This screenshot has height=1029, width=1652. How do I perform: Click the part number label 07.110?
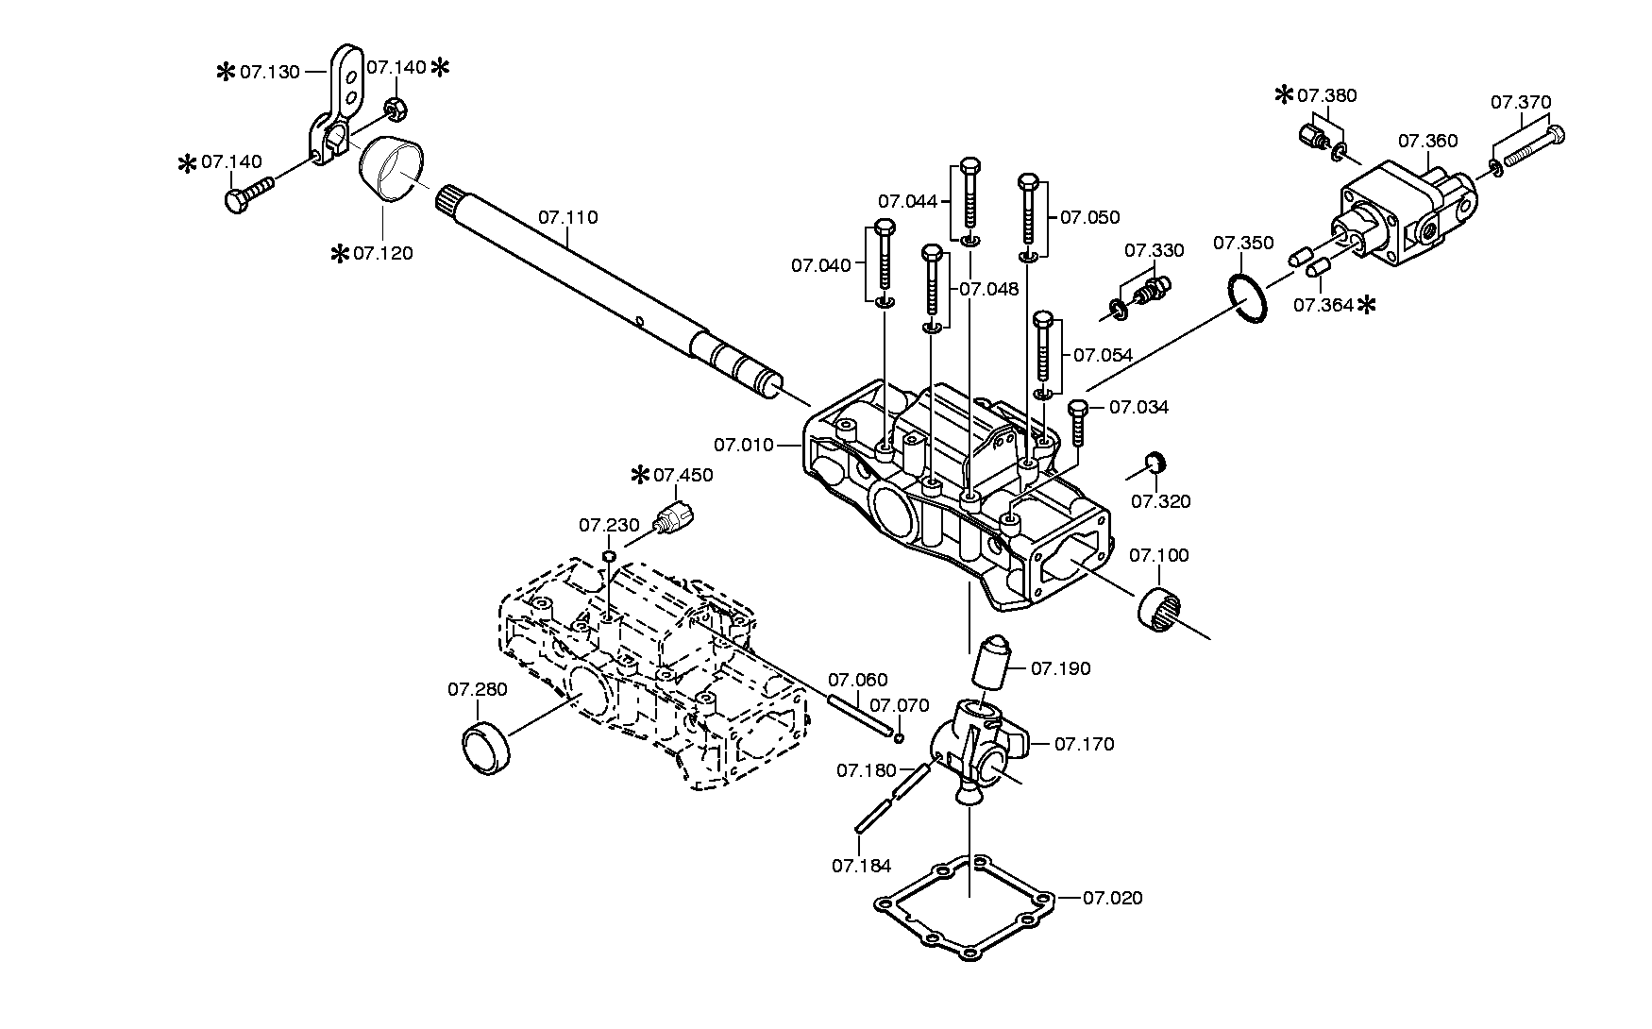[568, 218]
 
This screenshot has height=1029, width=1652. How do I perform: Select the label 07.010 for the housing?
[744, 445]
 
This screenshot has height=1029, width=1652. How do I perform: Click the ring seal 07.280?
[486, 750]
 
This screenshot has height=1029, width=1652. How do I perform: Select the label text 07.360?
[1428, 142]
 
